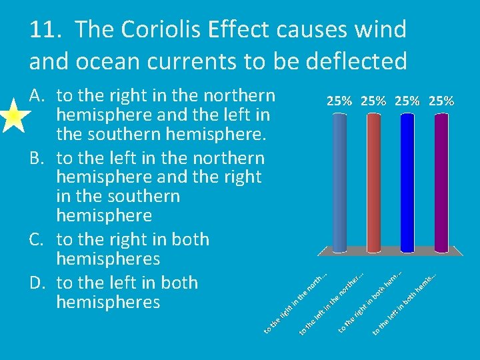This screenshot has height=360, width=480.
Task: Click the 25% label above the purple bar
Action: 442,101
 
